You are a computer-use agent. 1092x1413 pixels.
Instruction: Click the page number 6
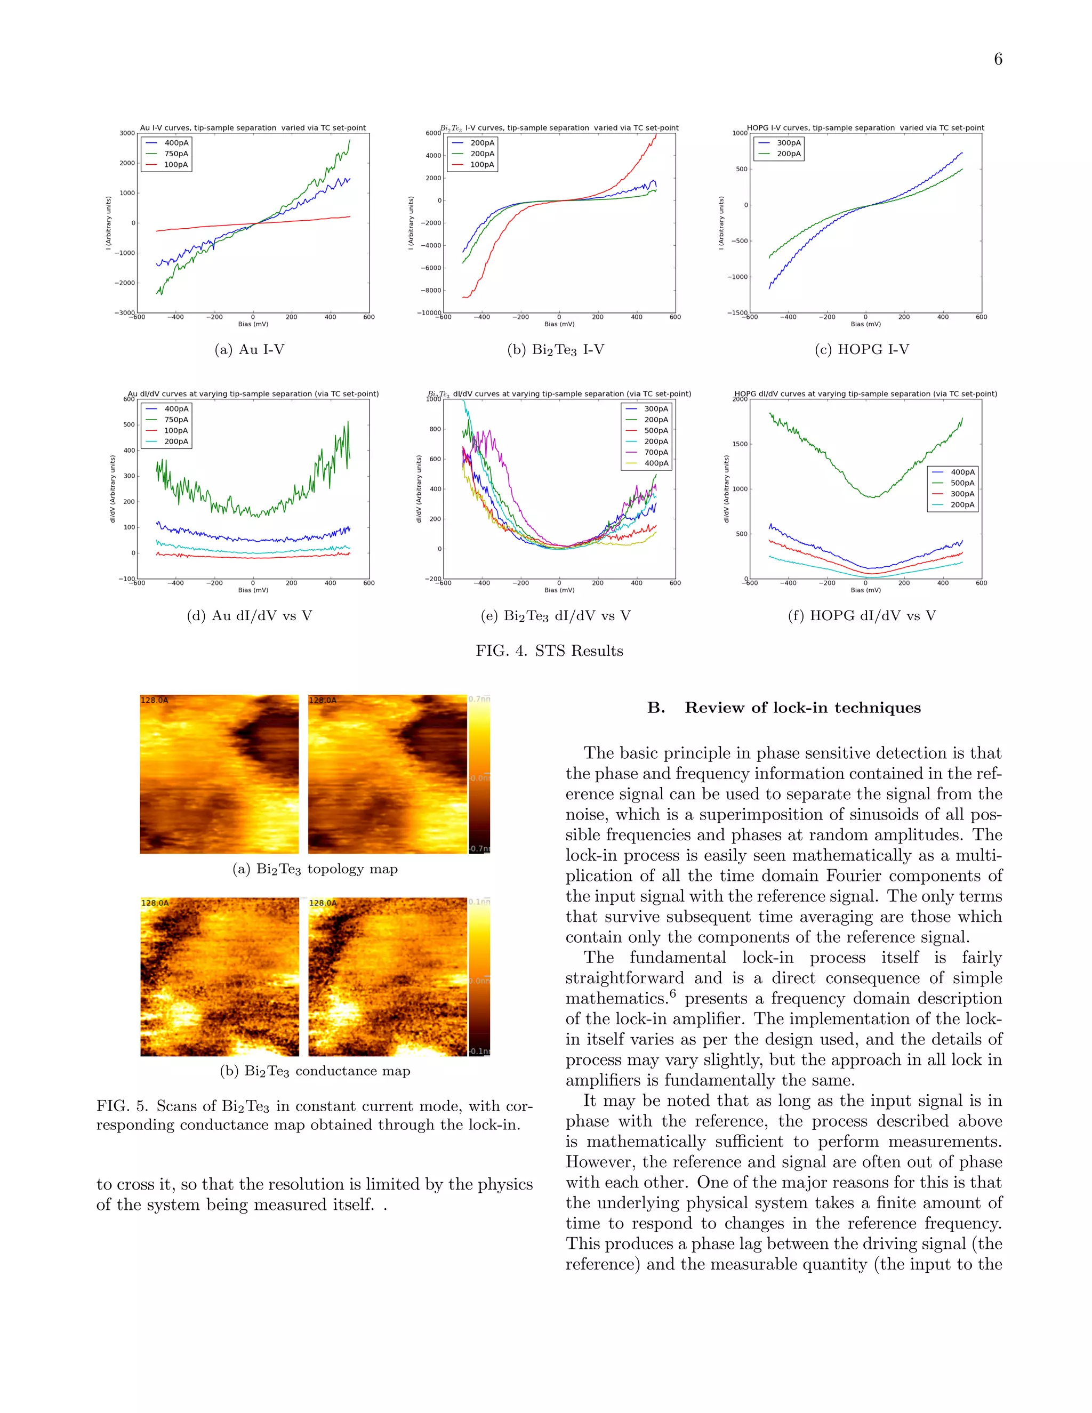(998, 60)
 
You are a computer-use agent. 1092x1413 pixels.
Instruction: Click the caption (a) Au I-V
(250, 350)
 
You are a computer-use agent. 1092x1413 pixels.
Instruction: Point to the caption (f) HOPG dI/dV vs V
(862, 616)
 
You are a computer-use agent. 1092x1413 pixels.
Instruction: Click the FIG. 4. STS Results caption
(549, 651)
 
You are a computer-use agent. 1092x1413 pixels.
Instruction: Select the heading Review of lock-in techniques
(802, 708)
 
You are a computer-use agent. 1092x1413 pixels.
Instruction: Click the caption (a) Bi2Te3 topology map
(315, 869)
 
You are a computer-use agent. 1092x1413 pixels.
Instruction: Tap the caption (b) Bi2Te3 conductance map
(315, 1071)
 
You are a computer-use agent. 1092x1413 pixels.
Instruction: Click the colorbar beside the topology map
(479, 774)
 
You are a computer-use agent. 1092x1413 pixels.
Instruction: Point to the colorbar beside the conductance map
(479, 977)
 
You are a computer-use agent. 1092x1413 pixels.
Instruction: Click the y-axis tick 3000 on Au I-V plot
(127, 133)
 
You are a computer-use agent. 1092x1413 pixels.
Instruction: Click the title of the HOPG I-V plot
(865, 128)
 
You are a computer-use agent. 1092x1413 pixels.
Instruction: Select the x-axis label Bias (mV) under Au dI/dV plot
(253, 590)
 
